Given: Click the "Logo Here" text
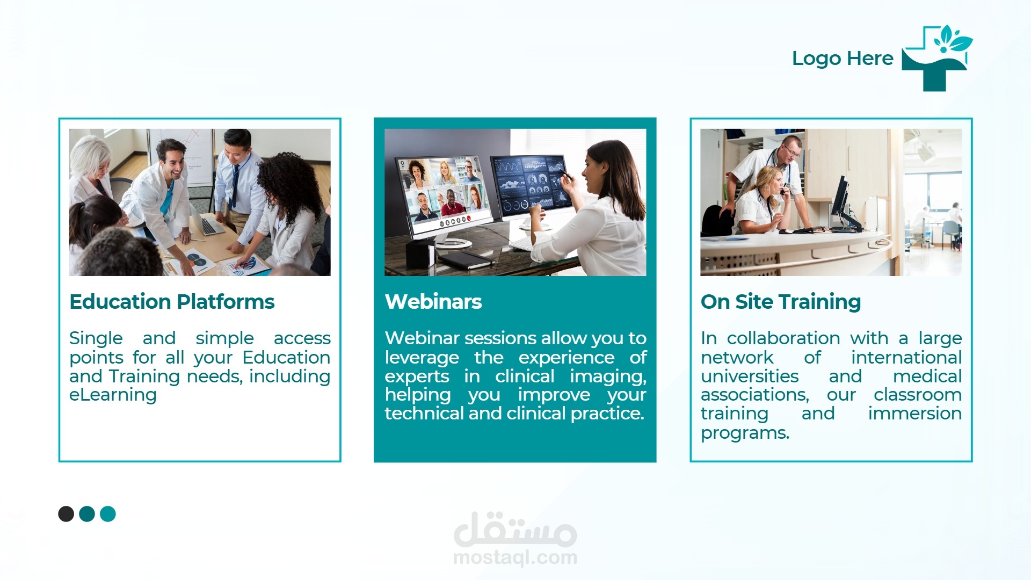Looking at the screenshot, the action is [x=843, y=59].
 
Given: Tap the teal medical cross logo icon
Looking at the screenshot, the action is [x=936, y=58].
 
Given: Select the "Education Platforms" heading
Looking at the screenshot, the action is [x=172, y=302].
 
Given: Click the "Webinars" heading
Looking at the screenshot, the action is [x=433, y=302].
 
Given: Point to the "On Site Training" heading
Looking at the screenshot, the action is [x=781, y=302].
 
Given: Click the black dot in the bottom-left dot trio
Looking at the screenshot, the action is [x=66, y=514].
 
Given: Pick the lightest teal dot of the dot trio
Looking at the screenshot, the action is [x=108, y=514].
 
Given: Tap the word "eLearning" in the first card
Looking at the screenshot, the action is [x=113, y=395].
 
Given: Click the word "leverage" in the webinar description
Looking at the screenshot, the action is [x=422, y=358].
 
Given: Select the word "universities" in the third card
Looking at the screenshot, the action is [x=750, y=376].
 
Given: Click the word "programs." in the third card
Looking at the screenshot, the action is [x=745, y=433].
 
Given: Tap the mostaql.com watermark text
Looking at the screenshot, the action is [x=515, y=557].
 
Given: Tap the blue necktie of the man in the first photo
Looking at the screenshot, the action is [x=234, y=186].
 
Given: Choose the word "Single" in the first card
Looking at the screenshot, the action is [x=96, y=339].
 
